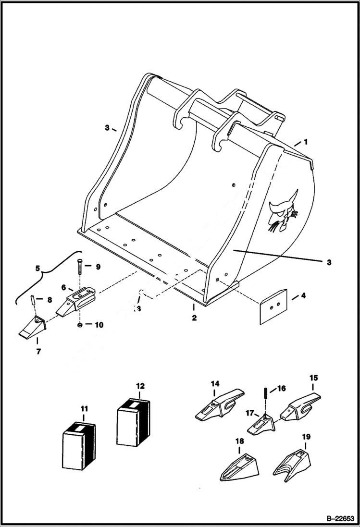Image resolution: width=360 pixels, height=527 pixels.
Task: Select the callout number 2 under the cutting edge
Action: click(x=194, y=318)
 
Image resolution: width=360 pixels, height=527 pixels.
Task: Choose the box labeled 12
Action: click(x=133, y=421)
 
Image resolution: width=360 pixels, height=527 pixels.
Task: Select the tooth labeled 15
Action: click(x=303, y=406)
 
